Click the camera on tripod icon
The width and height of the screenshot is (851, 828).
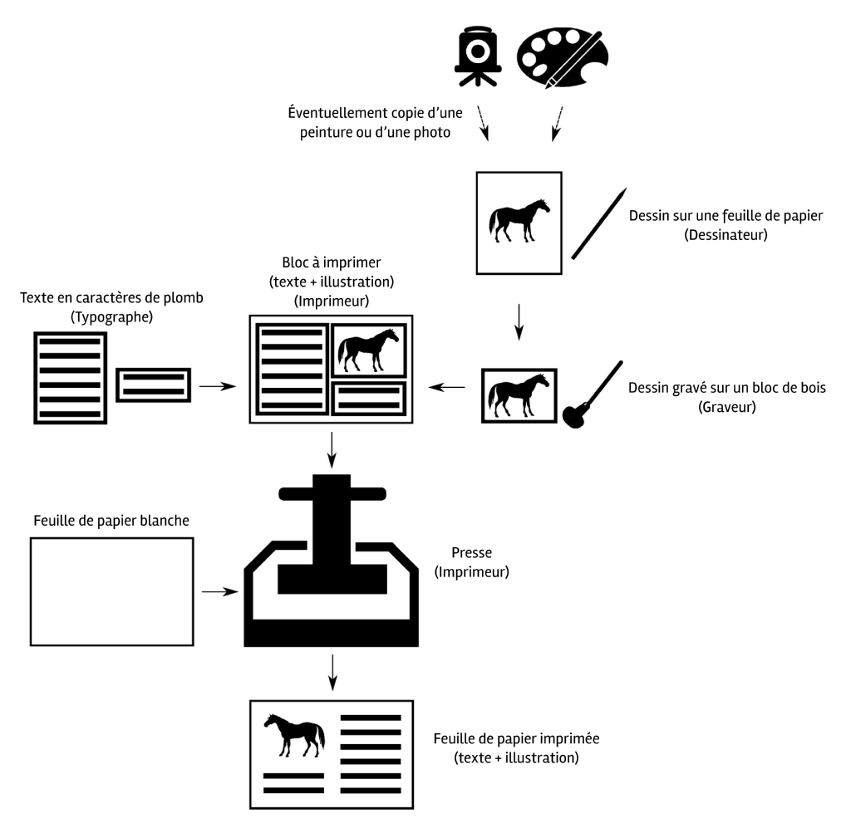pos(476,56)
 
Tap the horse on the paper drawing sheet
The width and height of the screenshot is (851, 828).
pos(519,220)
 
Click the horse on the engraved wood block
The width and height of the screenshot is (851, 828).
pos(519,394)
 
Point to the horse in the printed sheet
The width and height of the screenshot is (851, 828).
pos(293,733)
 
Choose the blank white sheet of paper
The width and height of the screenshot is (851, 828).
pos(111,591)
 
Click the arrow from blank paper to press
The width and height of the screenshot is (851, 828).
pos(219,591)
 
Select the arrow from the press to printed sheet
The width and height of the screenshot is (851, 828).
pos(332,671)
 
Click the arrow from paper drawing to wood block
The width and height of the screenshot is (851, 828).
pos(519,321)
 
